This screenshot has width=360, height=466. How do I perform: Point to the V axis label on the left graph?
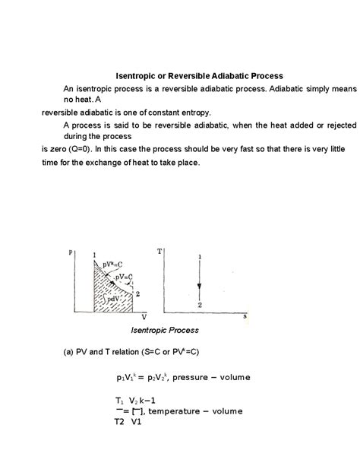(x=144, y=315)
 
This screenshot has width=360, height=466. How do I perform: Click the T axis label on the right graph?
(x=159, y=250)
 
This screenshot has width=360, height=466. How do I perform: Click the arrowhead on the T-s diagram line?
(x=199, y=287)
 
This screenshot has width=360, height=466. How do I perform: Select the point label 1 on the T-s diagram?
(x=199, y=257)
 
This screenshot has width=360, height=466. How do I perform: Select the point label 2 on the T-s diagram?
(x=199, y=304)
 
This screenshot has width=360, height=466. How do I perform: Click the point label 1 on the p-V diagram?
(x=93, y=254)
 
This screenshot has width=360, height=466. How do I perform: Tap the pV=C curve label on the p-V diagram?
(x=115, y=277)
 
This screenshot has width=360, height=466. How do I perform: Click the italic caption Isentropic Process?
(x=164, y=331)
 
